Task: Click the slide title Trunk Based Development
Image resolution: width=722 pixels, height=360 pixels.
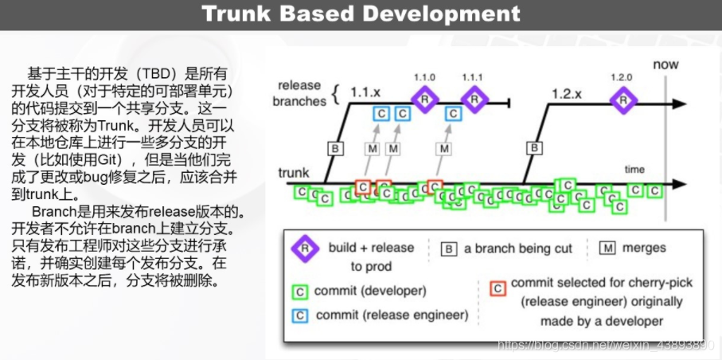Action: [x=361, y=14]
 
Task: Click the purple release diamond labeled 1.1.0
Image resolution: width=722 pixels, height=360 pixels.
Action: [x=424, y=99]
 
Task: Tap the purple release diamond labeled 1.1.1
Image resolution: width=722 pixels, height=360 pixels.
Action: [x=474, y=99]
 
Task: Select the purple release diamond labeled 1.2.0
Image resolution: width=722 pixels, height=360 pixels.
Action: [x=623, y=100]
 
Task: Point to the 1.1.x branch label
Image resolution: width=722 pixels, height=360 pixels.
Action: [x=365, y=92]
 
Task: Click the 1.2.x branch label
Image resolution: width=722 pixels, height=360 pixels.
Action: [x=567, y=94]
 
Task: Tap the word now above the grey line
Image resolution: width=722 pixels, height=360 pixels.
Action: [x=665, y=65]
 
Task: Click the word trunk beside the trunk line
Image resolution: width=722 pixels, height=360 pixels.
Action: [x=294, y=173]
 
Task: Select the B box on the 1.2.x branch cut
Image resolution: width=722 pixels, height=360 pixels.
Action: [x=534, y=148]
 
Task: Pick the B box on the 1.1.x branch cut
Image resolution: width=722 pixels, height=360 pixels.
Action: [x=335, y=148]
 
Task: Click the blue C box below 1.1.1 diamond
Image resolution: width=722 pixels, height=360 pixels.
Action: [x=454, y=113]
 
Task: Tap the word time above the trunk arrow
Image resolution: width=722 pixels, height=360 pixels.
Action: [x=634, y=170]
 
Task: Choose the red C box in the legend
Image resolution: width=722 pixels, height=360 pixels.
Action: [x=498, y=288]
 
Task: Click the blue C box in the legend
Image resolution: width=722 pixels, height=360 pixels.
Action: [x=300, y=315]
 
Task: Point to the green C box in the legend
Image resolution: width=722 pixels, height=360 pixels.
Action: [x=300, y=292]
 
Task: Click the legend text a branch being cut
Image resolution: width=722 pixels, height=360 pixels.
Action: [x=518, y=249]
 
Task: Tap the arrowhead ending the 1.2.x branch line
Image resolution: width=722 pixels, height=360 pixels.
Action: [x=679, y=104]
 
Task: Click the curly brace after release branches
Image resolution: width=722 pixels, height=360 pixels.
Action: [x=335, y=94]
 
